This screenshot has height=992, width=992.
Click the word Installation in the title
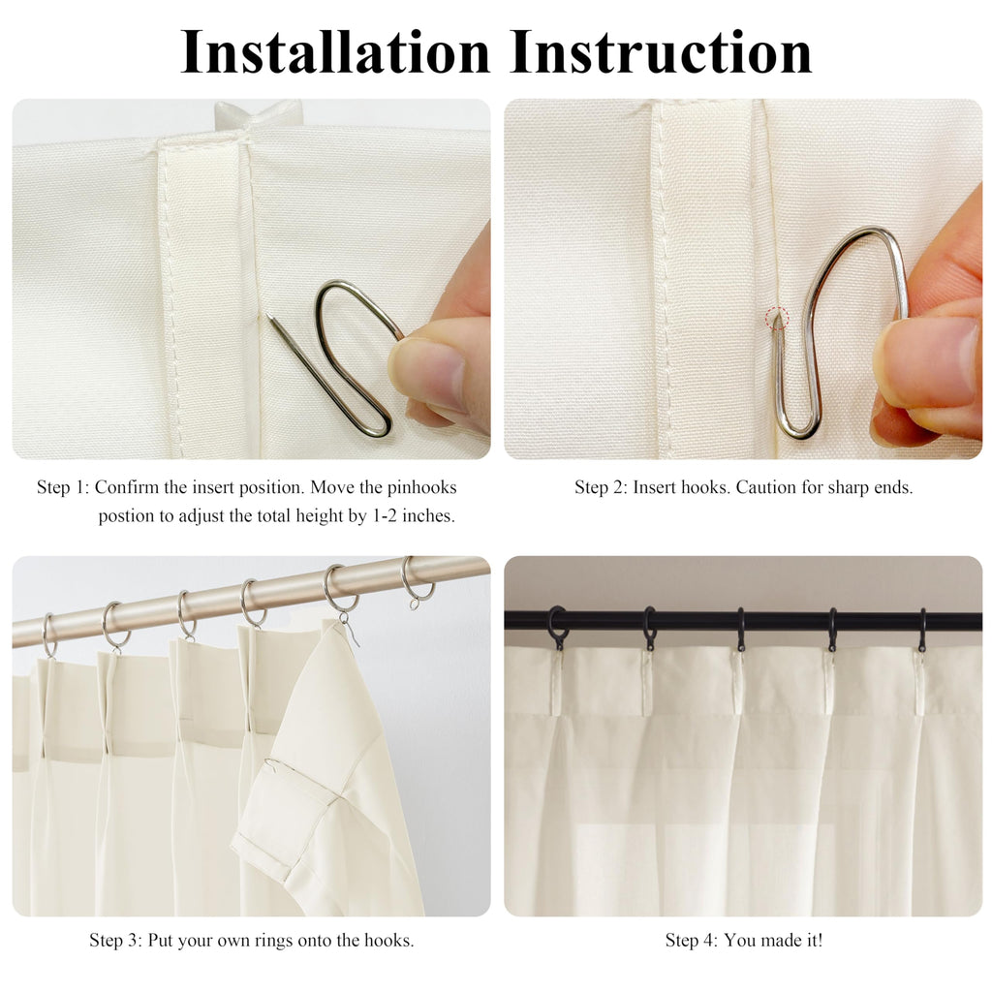coord(335,52)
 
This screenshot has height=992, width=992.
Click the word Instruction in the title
coord(661,52)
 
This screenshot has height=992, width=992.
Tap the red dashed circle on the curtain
coord(778,318)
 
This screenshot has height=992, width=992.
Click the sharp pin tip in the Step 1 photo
coord(269,316)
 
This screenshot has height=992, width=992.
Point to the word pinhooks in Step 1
coord(422,487)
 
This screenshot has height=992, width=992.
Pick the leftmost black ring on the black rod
coord(557,628)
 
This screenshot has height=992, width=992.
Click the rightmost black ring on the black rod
coord(922,630)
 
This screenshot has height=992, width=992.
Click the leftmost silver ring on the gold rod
coord(49,635)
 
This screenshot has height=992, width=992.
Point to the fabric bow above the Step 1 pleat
coord(258,114)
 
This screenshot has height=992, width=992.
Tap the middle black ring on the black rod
coord(740,630)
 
